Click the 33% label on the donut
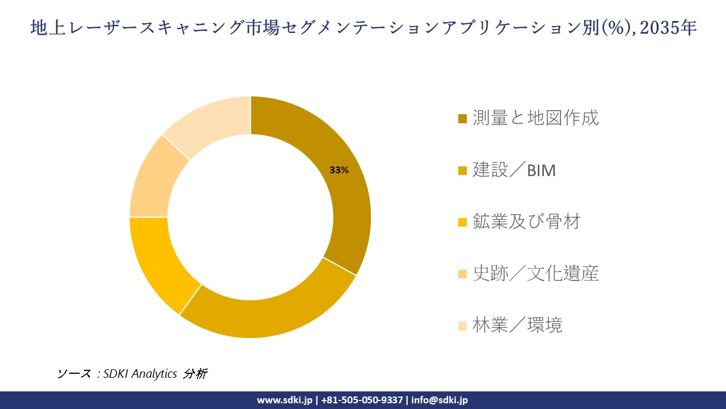point(339,170)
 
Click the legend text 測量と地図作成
point(535,118)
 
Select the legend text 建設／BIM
point(514,170)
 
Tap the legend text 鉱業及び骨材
point(526,222)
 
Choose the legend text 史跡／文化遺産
point(535,274)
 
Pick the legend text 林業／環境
point(517,325)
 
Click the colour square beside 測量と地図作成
point(463,119)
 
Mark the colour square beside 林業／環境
point(463,326)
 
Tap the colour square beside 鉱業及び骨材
point(463,222)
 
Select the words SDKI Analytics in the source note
point(140,374)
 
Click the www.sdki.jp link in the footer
point(284,400)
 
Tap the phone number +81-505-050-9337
point(362,400)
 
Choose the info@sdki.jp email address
point(440,400)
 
